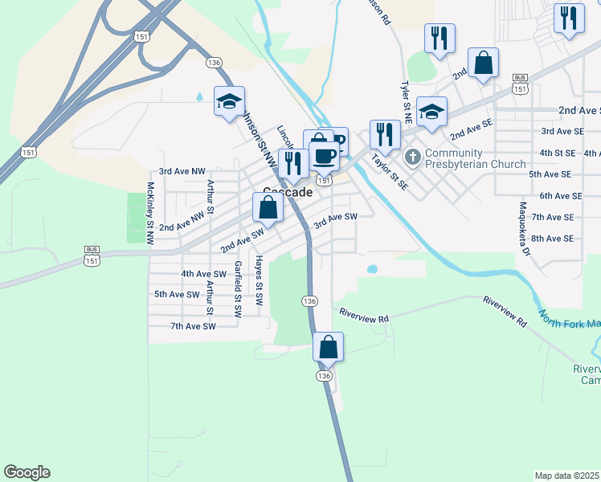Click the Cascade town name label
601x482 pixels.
tap(288, 194)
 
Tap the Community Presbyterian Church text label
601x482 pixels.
tap(465, 159)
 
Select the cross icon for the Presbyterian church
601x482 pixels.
tap(414, 155)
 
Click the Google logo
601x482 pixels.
tap(27, 472)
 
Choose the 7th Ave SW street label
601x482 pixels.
tap(193, 326)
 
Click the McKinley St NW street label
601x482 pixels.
tap(149, 214)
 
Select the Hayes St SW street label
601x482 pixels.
tap(259, 281)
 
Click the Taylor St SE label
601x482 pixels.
tap(390, 172)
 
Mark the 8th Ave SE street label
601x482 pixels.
tap(552, 239)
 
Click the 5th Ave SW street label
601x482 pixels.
tap(176, 295)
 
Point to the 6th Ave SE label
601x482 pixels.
tap(561, 195)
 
